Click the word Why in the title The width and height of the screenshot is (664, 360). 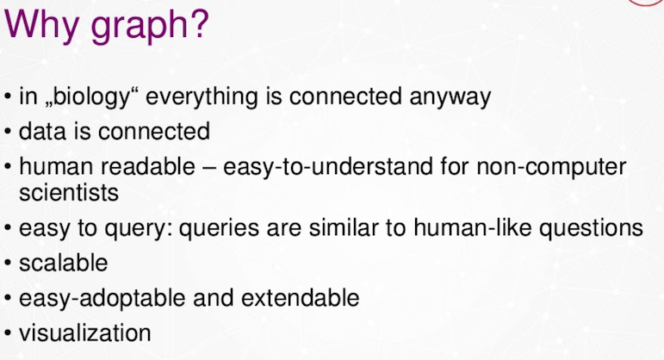tap(41, 25)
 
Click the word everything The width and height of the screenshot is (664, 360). tap(202, 97)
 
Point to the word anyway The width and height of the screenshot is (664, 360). tap(450, 98)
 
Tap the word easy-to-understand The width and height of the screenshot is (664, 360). tap(328, 167)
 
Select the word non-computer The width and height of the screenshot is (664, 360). tap(551, 167)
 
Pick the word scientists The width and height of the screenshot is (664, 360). tap(69, 193)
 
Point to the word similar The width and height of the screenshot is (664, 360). tap(344, 227)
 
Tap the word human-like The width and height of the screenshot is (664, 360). tap(472, 227)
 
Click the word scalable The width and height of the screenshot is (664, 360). tap(64, 263)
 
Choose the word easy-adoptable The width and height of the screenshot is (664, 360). tap(102, 299)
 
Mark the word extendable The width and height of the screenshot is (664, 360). tap(301, 298)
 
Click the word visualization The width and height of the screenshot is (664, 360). tap(85, 333)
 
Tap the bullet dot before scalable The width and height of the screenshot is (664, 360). tap(8, 263)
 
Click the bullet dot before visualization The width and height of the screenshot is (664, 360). tap(8, 333)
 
